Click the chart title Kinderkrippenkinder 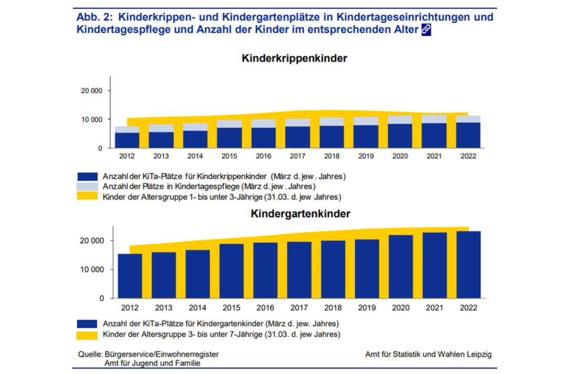(x=294, y=58)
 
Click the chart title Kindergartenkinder (x=300, y=213)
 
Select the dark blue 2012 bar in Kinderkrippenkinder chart (x=127, y=140)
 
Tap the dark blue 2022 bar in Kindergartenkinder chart (x=469, y=265)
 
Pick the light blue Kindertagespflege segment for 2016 (x=264, y=123)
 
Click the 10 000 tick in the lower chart (x=92, y=270)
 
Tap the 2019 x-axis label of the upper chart (x=366, y=156)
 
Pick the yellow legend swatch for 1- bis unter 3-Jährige (x=87, y=197)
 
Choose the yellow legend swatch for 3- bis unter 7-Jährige (x=87, y=334)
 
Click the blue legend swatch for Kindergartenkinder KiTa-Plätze (x=87, y=323)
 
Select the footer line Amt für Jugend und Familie (x=152, y=363)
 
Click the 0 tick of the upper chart (x=100, y=148)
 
